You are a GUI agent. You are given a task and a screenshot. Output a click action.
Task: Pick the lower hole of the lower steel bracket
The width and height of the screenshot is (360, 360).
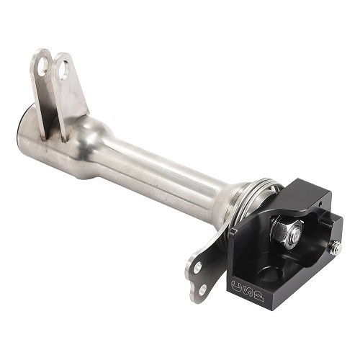pos(202,289)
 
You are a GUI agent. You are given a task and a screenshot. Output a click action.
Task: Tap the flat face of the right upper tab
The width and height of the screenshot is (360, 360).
pos(74,94)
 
